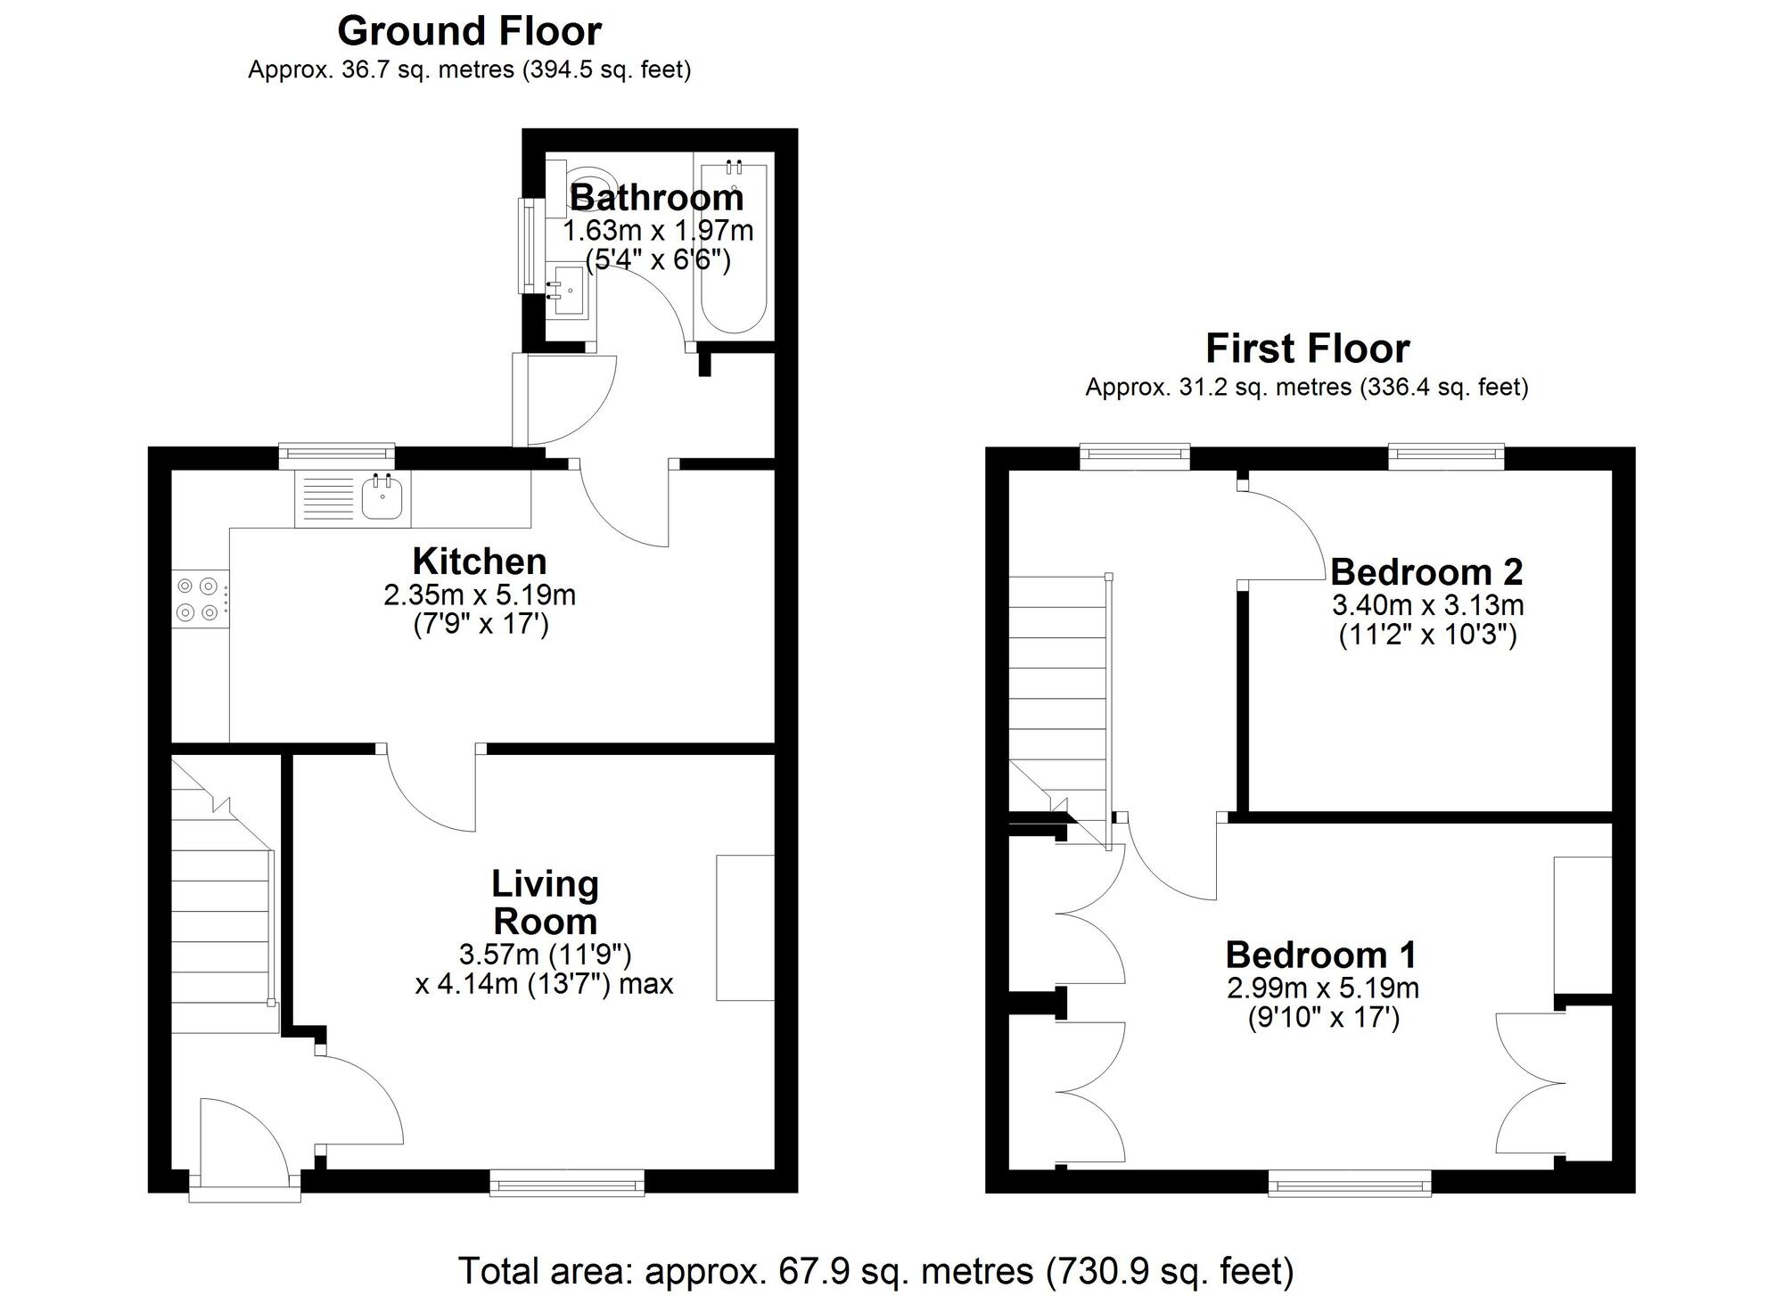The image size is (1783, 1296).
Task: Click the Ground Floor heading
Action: click(469, 32)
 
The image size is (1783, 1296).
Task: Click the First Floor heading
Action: click(1307, 349)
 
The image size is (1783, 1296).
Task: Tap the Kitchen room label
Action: click(480, 562)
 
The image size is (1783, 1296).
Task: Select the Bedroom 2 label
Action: click(1426, 571)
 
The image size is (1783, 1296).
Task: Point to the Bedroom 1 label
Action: click(1321, 955)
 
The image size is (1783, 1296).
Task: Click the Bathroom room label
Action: click(656, 197)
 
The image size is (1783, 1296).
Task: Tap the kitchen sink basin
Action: click(383, 498)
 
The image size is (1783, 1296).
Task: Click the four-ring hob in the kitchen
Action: click(198, 599)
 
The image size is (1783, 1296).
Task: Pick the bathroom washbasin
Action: click(565, 291)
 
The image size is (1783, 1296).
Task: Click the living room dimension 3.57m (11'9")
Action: click(545, 955)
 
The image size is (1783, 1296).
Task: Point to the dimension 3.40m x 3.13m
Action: click(1427, 605)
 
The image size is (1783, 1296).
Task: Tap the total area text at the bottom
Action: click(875, 1270)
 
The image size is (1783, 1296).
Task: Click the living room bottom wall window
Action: click(567, 1183)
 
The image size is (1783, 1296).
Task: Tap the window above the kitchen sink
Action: click(336, 455)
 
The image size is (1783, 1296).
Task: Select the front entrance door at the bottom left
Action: click(245, 1150)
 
